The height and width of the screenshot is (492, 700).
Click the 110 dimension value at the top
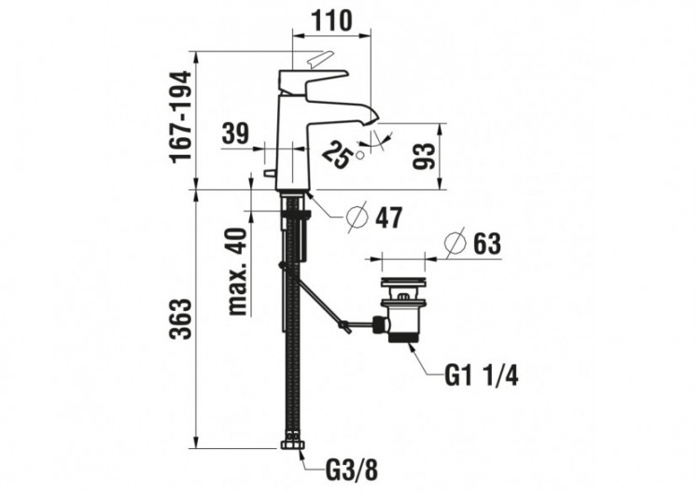click(x=330, y=21)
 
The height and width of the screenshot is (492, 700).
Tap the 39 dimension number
click(x=236, y=134)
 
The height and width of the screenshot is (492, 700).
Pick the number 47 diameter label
click(x=387, y=218)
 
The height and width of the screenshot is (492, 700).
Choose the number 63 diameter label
click(x=485, y=244)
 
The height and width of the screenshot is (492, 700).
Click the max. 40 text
click(x=237, y=272)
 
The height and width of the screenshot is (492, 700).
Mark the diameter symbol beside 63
click(x=452, y=244)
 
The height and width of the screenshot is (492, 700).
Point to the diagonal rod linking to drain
click(x=317, y=300)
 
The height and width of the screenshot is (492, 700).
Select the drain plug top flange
click(x=404, y=278)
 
